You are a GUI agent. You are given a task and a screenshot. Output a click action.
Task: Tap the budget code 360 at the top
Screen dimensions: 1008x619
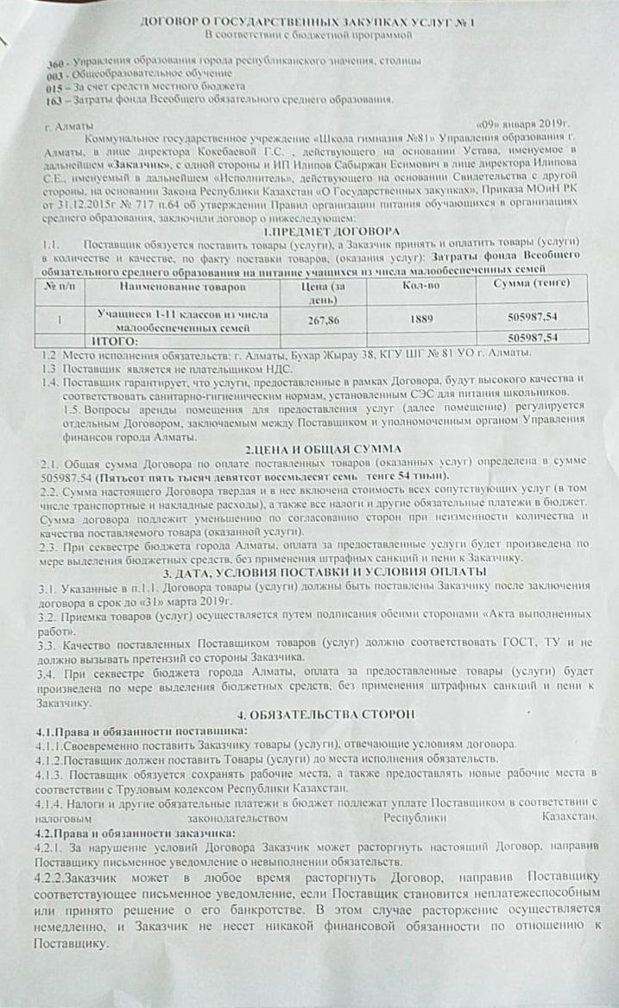point(54,64)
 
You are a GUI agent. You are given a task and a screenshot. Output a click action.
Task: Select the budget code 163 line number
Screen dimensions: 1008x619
point(54,98)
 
